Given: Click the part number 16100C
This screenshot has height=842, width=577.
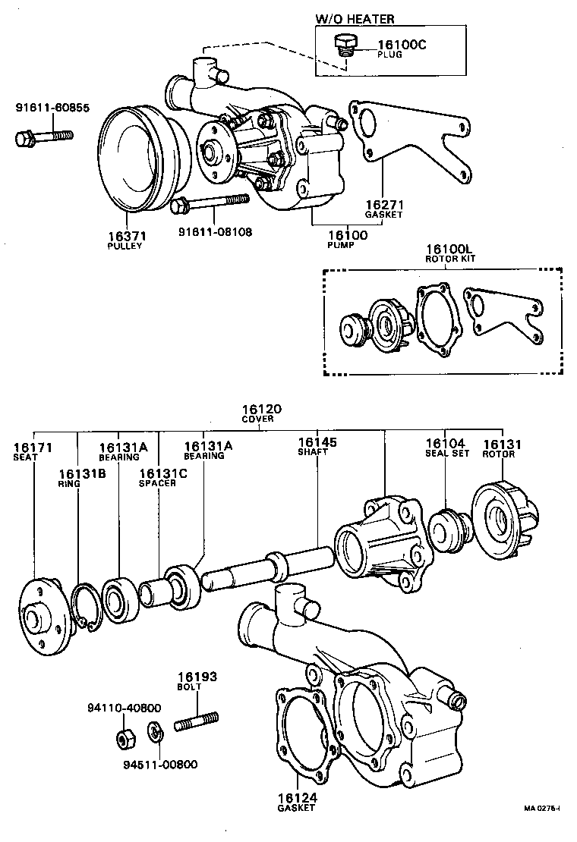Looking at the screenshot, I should pyautogui.click(x=402, y=45).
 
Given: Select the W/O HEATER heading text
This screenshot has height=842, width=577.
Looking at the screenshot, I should pyautogui.click(x=355, y=19).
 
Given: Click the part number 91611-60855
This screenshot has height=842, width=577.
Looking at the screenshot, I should pyautogui.click(x=52, y=108).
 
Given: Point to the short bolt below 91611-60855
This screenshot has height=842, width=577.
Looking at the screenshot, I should pyautogui.click(x=43, y=137).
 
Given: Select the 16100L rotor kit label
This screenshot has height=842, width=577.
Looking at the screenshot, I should pyautogui.click(x=449, y=249).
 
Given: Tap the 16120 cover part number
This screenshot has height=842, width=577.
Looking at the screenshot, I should pyautogui.click(x=262, y=409).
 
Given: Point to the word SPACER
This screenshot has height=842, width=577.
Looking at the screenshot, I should pyautogui.click(x=157, y=482).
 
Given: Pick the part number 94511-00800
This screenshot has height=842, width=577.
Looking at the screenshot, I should pyautogui.click(x=160, y=764).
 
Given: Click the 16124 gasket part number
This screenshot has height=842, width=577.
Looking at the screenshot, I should pyautogui.click(x=296, y=798).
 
